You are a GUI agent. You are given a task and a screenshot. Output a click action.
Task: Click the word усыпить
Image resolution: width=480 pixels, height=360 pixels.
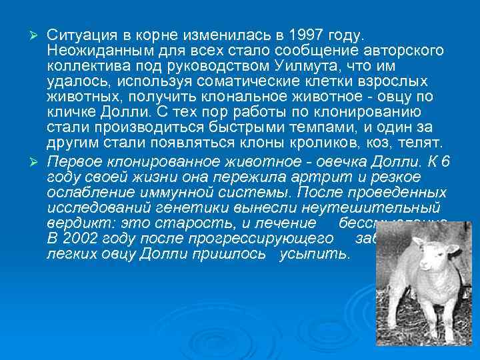coord(325,254)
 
